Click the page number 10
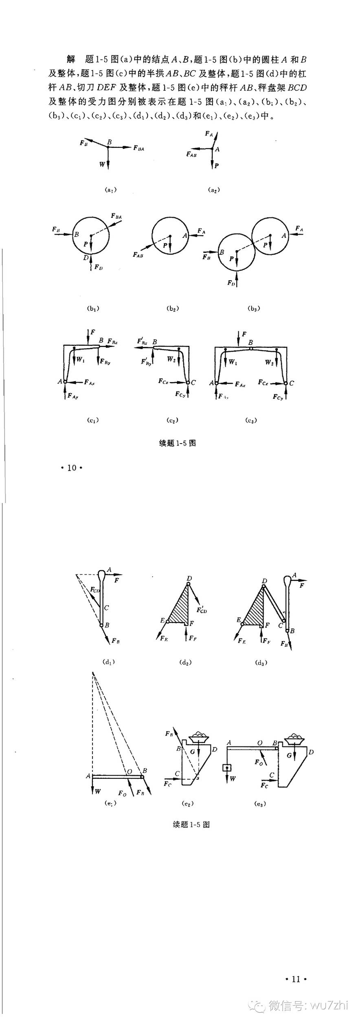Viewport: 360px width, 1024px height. click(x=72, y=468)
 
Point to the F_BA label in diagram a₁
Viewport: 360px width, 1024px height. click(x=138, y=148)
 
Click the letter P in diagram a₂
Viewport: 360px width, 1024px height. click(x=217, y=166)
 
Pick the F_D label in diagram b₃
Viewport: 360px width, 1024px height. click(x=231, y=283)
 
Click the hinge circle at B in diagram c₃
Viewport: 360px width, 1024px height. click(x=251, y=349)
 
